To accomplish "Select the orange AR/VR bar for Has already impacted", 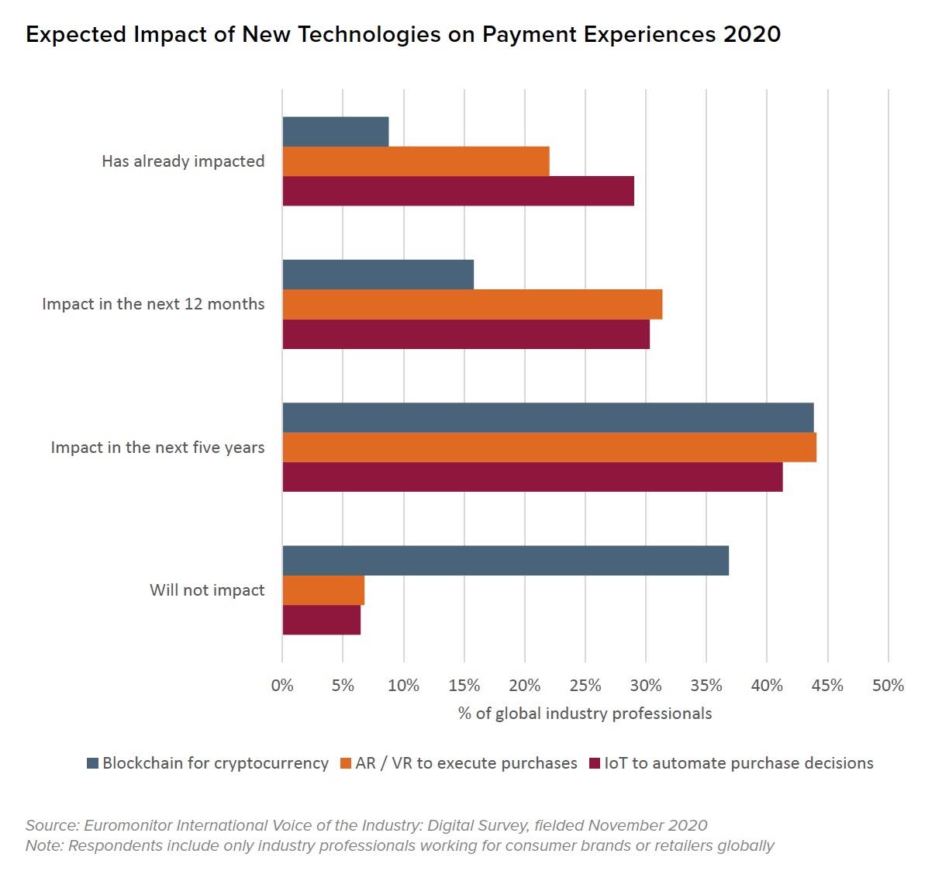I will pos(416,161).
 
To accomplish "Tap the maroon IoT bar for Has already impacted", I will pos(458,191).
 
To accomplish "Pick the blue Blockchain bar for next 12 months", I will pos(378,275).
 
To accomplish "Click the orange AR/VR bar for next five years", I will pos(549,448).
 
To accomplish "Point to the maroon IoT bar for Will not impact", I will pos(321,620).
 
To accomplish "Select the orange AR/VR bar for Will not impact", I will pos(323,590).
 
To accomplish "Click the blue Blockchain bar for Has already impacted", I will pos(335,132).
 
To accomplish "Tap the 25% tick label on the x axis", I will pos(585,686).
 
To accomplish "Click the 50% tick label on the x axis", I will pos(888,686).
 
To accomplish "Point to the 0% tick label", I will pos(282,686).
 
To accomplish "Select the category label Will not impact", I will pos(207,590).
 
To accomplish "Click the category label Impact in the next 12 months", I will pos(153,304).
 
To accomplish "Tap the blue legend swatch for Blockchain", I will pos(93,764).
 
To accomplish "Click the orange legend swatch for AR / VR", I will pos(346,764).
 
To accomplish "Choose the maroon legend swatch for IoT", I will pos(595,764).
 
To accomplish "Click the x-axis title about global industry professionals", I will pos(585,714).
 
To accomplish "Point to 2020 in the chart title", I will pos(751,35).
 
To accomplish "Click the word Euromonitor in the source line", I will pos(127,825).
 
